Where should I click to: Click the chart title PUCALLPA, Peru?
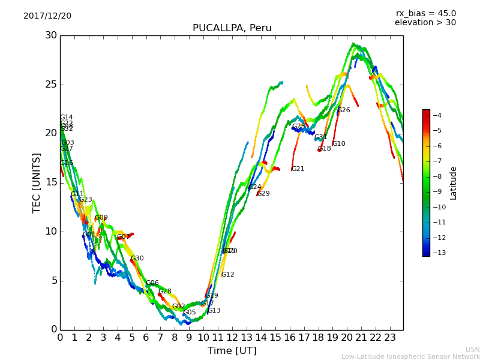232,28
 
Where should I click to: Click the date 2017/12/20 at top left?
47,16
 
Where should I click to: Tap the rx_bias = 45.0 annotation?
425,14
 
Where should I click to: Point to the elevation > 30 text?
425,23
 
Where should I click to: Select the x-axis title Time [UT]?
232,351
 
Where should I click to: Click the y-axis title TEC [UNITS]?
37,182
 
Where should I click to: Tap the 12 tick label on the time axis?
232,338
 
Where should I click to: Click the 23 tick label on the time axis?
390,338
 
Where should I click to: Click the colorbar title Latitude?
454,183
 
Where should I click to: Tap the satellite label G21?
298,169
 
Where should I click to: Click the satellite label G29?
263,194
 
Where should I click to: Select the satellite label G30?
137,259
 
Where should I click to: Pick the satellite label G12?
228,275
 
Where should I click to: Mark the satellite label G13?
214,311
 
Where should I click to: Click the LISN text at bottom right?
472,349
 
